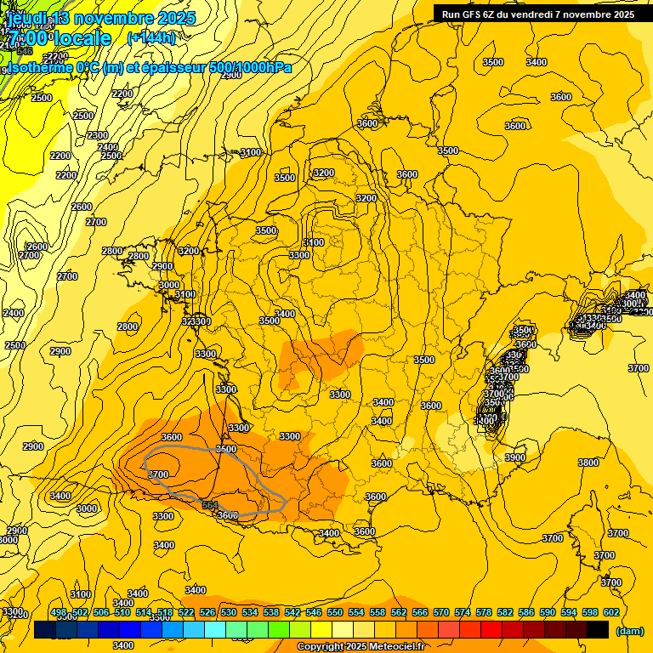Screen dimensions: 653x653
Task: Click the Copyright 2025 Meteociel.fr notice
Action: [x=361, y=647]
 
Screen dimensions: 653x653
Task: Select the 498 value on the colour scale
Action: [x=59, y=612]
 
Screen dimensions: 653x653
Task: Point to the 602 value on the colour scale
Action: [x=610, y=612]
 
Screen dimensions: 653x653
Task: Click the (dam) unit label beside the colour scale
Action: [x=629, y=630]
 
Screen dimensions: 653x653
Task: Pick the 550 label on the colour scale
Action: [x=335, y=612]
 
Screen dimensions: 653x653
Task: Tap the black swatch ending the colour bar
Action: [x=598, y=629]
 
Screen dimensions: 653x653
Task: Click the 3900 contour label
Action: [x=515, y=457]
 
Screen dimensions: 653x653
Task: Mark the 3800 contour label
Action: [x=588, y=463]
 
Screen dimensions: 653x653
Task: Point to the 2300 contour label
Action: [x=98, y=135]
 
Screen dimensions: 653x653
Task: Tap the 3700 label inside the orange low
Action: [x=158, y=474]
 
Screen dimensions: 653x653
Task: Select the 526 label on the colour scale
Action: [x=207, y=612]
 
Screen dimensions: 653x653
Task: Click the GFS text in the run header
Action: [x=474, y=14]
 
